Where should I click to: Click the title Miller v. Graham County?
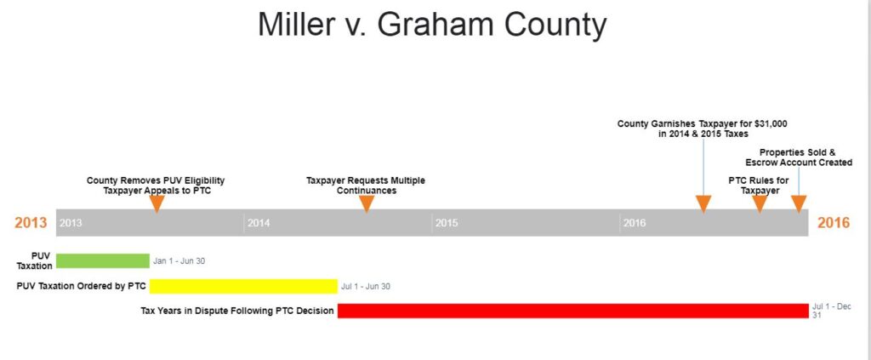pos(432,25)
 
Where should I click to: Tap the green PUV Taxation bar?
pos(103,260)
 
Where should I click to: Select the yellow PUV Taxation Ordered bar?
pos(243,286)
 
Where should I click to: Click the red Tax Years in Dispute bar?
pos(572,311)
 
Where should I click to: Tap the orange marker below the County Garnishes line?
pos(703,204)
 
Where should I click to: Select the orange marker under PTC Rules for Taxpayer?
pos(760,204)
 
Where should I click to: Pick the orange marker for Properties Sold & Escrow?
pos(799,204)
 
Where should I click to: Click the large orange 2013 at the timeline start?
pos(31,223)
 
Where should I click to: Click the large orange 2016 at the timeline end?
pos(834,223)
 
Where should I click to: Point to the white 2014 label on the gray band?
pos(259,223)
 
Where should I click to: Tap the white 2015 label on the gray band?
pos(447,223)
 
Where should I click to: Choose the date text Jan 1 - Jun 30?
pos(179,260)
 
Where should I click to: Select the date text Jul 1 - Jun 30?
pos(366,287)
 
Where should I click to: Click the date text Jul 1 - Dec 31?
pos(831,311)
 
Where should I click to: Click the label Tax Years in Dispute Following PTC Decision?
pos(237,311)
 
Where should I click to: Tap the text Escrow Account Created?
pos(799,163)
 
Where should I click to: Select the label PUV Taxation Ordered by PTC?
pos(81,286)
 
